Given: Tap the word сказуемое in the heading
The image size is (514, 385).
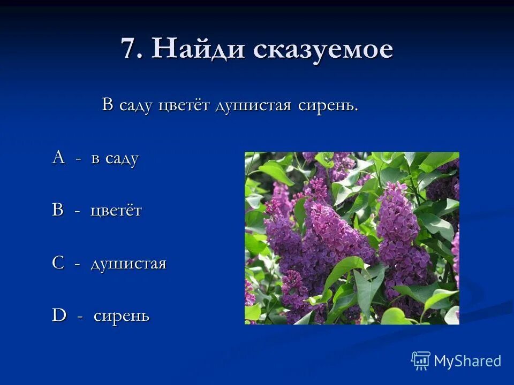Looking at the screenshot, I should click(x=323, y=50).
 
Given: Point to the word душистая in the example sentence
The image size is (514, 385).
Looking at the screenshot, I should click(x=253, y=105).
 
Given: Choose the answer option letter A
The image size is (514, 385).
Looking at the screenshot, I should click(x=58, y=158).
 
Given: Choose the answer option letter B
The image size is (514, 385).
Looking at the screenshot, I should click(x=57, y=210).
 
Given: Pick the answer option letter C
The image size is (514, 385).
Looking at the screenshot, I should click(x=58, y=263).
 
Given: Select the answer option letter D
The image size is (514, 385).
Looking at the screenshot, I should click(x=58, y=315).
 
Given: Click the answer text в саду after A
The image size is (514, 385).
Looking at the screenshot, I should click(x=115, y=158).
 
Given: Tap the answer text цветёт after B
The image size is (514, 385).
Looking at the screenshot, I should click(x=116, y=210).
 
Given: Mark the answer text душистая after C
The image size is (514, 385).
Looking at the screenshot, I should click(x=128, y=264).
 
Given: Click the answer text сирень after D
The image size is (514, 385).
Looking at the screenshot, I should click(x=122, y=315).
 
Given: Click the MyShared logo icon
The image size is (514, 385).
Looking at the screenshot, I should click(x=421, y=361).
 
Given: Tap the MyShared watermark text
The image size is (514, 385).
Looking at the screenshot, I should click(x=467, y=361).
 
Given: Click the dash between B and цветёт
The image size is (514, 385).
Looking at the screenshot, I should click(x=77, y=211).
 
